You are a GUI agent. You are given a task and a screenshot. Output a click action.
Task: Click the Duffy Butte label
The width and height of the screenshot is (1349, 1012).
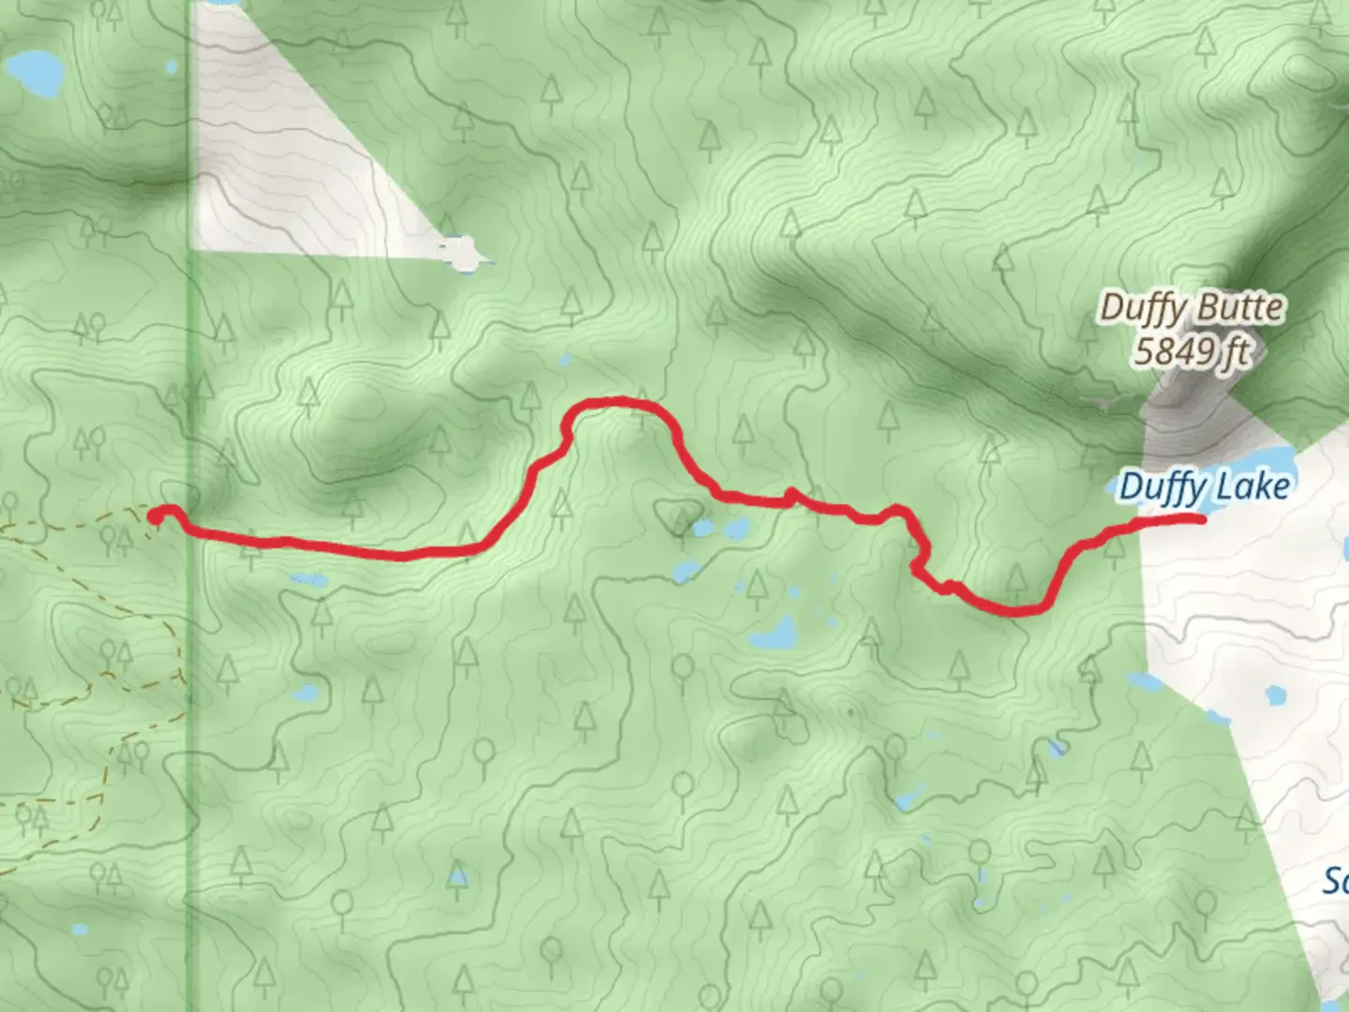click(1192, 307)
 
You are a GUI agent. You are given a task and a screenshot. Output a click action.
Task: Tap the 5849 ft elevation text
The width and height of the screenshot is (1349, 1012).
click(1192, 351)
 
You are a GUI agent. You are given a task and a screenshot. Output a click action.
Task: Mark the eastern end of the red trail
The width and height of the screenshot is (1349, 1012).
click(1200, 517)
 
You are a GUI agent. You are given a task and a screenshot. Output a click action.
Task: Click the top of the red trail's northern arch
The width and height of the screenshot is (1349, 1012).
click(614, 402)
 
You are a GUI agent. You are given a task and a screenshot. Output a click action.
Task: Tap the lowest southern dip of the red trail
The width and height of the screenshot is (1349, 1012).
click(1016, 611)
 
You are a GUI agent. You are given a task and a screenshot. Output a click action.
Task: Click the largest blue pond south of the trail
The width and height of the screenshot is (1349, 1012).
click(774, 635)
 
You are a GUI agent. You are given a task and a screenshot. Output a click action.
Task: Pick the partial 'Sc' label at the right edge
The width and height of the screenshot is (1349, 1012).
click(1335, 881)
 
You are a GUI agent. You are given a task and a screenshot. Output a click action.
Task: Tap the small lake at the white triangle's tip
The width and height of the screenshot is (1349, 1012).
click(461, 253)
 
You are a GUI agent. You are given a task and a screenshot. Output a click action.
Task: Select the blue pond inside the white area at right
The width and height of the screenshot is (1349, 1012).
click(1274, 695)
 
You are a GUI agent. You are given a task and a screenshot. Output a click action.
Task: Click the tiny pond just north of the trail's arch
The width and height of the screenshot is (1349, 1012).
click(564, 360)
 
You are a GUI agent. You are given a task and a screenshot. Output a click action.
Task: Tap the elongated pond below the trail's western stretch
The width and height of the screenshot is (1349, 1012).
click(307, 581)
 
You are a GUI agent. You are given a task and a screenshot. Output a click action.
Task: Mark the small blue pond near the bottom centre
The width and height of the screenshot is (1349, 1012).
click(456, 877)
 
